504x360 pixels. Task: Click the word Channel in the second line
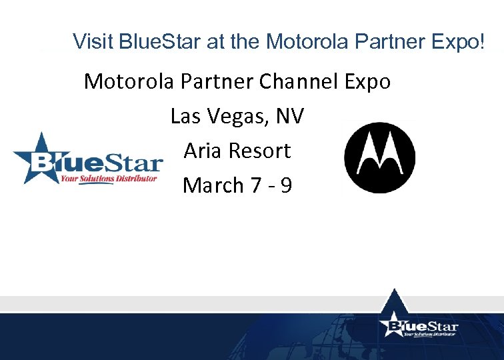pos(292,82)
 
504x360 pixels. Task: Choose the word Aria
pos(203,151)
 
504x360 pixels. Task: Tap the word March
pos(213,185)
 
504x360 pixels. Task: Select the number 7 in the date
pos(257,185)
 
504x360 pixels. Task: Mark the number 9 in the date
pos(286,185)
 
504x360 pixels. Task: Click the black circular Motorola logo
pos(379,157)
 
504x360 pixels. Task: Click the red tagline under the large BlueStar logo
pos(108,179)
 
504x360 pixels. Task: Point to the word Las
pos(182,117)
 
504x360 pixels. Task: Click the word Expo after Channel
pos(365,83)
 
